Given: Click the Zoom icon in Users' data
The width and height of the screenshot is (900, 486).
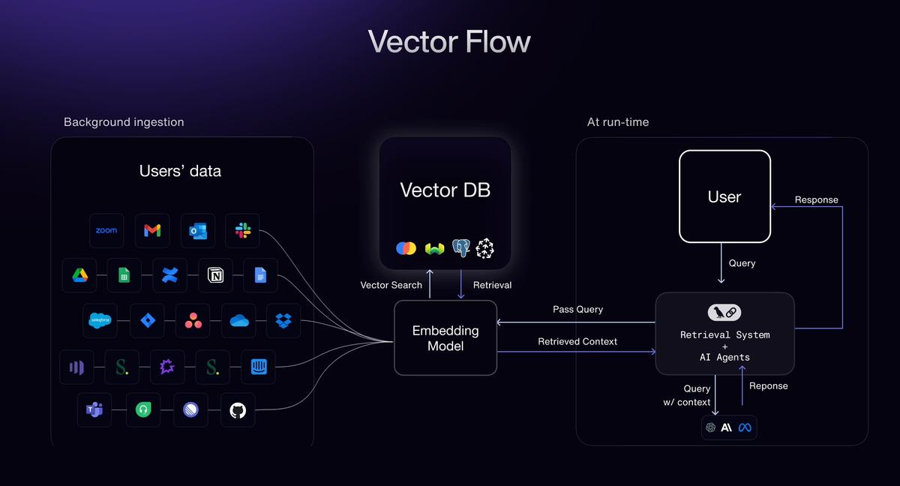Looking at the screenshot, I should (x=106, y=231).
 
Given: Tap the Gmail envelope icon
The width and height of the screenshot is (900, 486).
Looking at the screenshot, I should (x=152, y=231).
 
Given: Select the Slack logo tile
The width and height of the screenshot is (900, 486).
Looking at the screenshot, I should (x=242, y=231).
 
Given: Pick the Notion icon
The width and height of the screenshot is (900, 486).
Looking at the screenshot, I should (x=215, y=276).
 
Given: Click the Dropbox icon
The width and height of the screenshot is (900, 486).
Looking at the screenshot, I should (x=283, y=321).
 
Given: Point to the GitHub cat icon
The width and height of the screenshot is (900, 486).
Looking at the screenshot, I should (x=238, y=410).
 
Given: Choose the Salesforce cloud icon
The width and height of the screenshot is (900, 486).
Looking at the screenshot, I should (x=100, y=321).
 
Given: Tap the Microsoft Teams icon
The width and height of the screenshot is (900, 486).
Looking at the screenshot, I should (x=94, y=410).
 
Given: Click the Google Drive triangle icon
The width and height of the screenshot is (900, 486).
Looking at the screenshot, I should (x=79, y=276).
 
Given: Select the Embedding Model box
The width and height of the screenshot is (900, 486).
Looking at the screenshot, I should (x=445, y=337).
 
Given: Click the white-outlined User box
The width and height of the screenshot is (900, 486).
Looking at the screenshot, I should (x=724, y=196).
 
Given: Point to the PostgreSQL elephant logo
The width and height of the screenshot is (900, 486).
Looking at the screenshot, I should (x=460, y=248).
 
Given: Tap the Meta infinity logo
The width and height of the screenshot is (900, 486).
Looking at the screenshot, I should (x=744, y=427).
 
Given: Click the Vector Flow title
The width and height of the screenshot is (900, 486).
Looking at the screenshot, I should (x=449, y=42).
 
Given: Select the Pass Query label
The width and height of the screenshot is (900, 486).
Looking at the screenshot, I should (x=577, y=309).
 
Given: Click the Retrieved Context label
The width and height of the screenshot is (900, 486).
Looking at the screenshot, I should (x=577, y=341).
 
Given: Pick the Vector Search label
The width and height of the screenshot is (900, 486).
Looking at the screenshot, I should (x=391, y=285).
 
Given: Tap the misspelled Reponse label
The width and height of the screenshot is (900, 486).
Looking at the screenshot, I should (x=769, y=385).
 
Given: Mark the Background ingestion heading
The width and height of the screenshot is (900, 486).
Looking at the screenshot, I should (x=124, y=121).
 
